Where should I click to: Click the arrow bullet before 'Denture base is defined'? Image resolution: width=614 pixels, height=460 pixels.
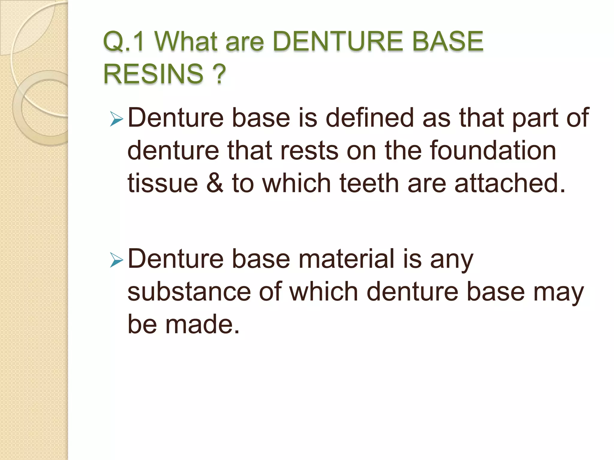coord(117,119)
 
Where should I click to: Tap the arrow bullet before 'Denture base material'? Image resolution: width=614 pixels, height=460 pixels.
coord(117,260)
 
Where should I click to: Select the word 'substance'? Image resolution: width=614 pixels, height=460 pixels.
coord(189,291)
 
